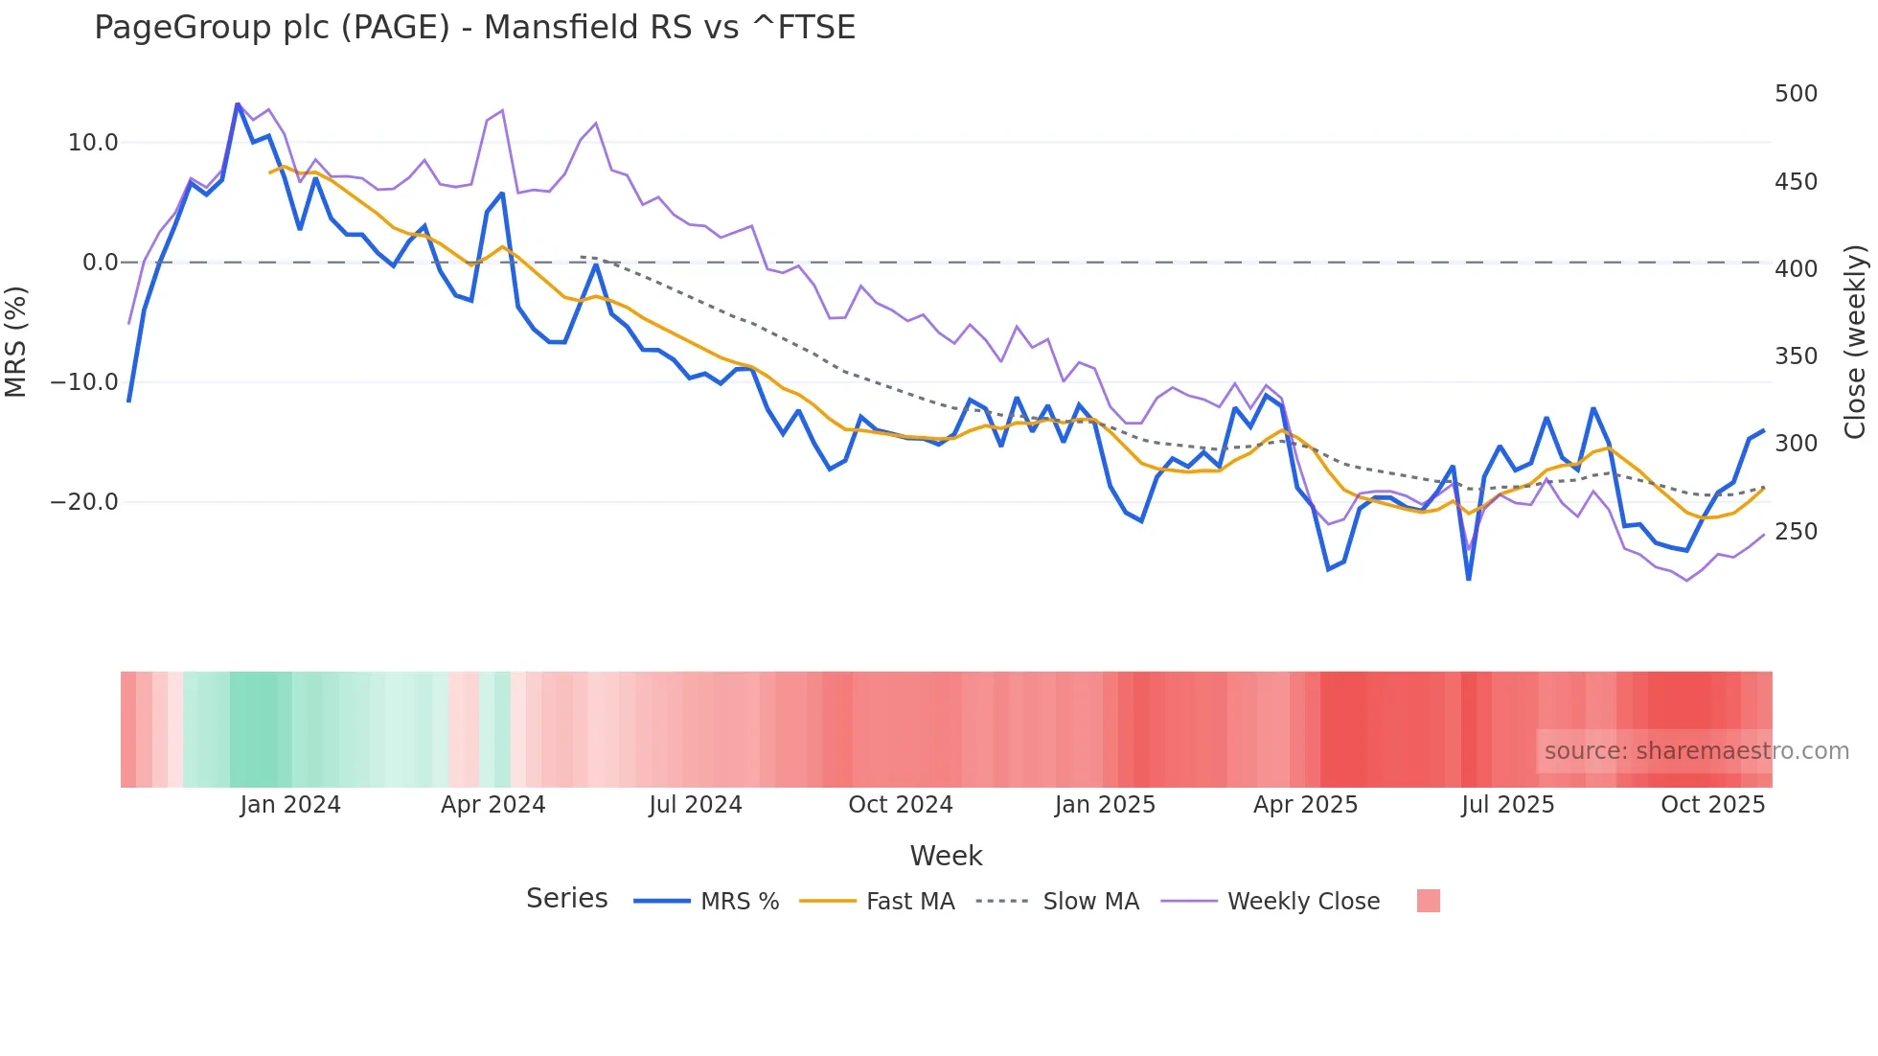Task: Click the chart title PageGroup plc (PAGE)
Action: (x=474, y=28)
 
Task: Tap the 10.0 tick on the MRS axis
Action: (x=93, y=143)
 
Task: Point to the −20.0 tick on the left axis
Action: (x=84, y=502)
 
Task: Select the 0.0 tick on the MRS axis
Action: (x=101, y=263)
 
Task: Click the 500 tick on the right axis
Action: (x=1796, y=94)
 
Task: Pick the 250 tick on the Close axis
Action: (x=1796, y=532)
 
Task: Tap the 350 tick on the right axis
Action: (x=1796, y=356)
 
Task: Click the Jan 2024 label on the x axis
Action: (x=290, y=805)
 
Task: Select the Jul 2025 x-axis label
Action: (x=1507, y=805)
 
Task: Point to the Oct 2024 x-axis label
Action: (x=901, y=805)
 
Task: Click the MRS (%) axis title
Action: (x=16, y=341)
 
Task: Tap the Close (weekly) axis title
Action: (x=1855, y=341)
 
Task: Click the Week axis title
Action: (x=946, y=856)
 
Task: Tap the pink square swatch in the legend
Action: (x=1428, y=901)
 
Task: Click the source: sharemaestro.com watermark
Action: (x=1696, y=751)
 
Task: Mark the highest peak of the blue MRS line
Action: (x=238, y=103)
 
